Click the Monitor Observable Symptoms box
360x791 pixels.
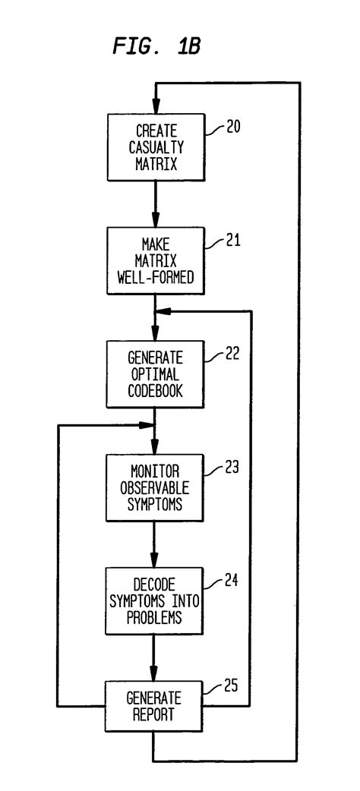click(x=155, y=487)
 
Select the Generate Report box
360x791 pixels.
click(x=155, y=706)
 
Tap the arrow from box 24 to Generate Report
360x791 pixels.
click(x=155, y=657)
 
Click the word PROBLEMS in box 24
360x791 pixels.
click(x=155, y=619)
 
